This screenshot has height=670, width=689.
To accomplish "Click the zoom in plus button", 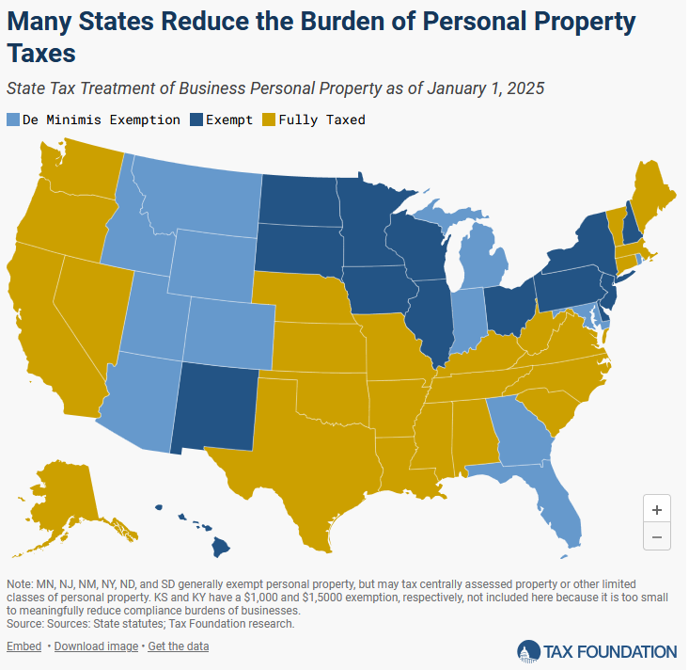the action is click(656, 509).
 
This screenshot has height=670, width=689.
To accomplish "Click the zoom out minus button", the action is click(656, 536).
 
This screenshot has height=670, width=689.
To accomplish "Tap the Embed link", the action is click(23, 646).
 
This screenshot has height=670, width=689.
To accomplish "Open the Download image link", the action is click(96, 646).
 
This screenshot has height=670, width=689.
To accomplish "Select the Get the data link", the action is click(179, 646).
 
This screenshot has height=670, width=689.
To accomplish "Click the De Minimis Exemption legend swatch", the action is click(13, 120).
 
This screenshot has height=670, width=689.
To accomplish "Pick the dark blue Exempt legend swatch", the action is click(196, 120).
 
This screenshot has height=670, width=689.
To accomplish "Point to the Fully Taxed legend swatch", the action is click(269, 120).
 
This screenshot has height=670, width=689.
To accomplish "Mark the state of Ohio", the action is click(509, 311).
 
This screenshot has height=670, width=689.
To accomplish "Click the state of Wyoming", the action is click(212, 263).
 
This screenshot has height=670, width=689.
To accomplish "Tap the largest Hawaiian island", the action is click(221, 547).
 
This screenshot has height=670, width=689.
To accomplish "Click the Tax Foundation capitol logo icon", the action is click(528, 651).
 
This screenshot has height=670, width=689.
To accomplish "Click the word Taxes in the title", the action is click(41, 54).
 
